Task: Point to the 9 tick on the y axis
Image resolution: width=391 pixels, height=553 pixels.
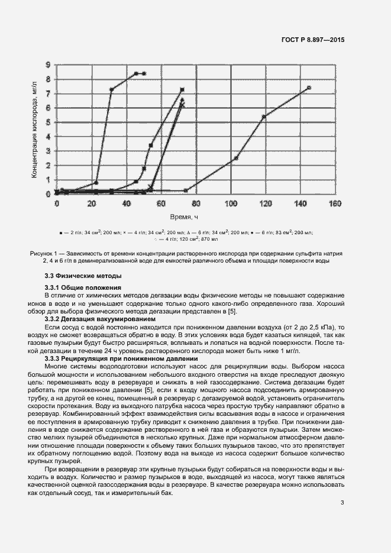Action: [48, 65]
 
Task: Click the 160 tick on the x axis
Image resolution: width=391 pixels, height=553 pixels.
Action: [335, 203]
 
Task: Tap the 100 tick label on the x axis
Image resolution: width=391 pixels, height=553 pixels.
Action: [231, 203]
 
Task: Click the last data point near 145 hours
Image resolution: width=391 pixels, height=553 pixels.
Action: [309, 88]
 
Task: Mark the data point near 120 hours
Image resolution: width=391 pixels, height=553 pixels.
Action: [264, 117]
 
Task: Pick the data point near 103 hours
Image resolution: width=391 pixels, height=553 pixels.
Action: [236, 158]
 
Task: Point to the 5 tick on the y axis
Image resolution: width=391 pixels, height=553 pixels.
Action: [48, 122]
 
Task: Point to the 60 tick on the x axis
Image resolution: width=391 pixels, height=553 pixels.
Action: [161, 203]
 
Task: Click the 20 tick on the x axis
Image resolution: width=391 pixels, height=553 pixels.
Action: [92, 203]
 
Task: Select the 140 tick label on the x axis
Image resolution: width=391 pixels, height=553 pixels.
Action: [300, 203]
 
